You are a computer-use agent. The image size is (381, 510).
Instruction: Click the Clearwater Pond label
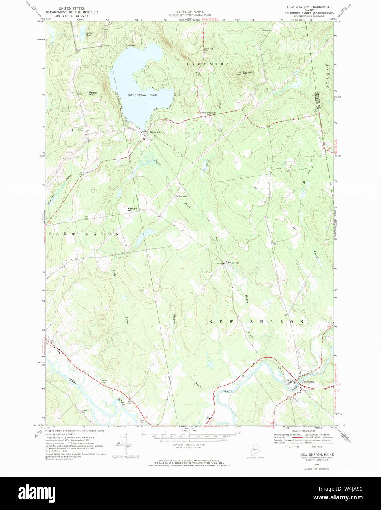[142, 95]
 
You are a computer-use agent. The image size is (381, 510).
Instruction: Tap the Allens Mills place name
[155, 132]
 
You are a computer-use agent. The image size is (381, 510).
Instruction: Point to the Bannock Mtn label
[247, 73]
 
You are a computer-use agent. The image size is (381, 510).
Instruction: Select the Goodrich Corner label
[207, 113]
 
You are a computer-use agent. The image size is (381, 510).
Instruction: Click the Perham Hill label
[132, 210]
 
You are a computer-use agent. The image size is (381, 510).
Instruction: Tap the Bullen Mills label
[182, 196]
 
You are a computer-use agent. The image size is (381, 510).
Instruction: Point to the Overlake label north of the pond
[131, 45]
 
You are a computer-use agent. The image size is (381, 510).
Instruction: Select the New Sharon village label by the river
[308, 382]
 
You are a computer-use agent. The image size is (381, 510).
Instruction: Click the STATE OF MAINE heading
[190, 12]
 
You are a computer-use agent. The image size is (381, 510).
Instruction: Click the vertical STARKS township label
[328, 75]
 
